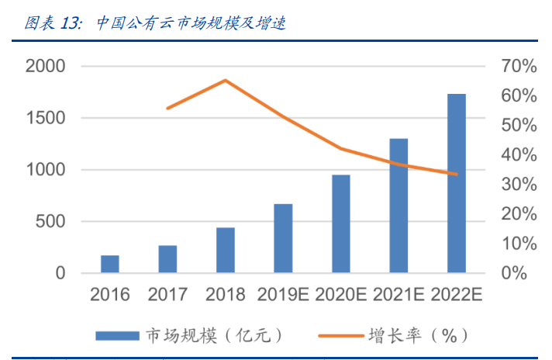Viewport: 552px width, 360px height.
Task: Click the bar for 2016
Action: pos(110,265)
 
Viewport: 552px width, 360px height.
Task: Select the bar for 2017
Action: pos(167,259)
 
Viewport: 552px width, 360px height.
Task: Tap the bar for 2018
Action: pos(226,251)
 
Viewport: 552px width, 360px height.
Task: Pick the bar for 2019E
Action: pos(283,239)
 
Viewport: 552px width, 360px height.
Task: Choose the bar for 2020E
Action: pos(341,224)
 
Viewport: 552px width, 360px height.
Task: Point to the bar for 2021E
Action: pos(398,206)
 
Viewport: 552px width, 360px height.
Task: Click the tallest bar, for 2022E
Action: pos(457,184)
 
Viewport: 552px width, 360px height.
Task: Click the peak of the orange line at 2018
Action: pos(226,80)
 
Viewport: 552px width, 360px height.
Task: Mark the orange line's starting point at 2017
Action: pos(167,108)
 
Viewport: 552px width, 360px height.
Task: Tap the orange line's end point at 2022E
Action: pos(457,174)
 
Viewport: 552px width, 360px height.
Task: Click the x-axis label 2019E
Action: pos(283,295)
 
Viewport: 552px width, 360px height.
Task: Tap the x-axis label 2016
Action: pos(110,295)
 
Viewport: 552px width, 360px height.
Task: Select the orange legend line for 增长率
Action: pos(341,336)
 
